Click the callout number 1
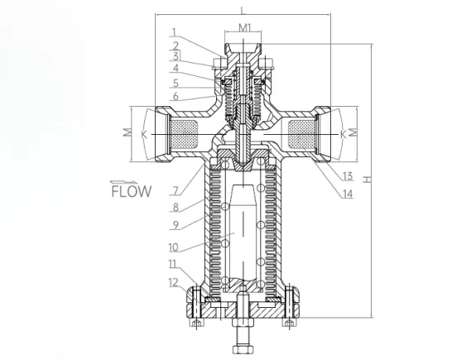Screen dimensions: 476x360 174,32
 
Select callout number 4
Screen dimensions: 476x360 175,69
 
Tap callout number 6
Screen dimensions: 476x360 175,96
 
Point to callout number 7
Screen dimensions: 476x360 175,191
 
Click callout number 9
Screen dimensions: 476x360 175,225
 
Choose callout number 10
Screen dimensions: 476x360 173,247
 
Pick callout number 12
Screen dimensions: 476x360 173,282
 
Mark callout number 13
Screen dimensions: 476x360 348,176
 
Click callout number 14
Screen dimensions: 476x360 348,194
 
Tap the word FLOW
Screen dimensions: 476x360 132,191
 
